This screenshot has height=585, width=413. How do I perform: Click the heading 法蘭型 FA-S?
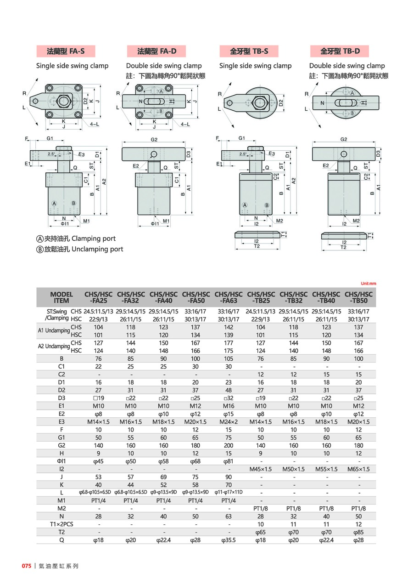coord(66,51)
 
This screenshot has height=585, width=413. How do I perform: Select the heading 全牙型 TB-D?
coord(339,51)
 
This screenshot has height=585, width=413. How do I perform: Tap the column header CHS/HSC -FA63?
coord(228,297)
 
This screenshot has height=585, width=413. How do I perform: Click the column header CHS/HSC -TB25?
coord(261,297)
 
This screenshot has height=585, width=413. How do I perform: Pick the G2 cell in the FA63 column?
coord(228,445)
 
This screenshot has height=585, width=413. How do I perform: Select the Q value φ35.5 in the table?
coord(228,540)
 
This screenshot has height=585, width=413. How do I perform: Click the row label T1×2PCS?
coord(61,524)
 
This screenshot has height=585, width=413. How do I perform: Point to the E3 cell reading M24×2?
coord(228,421)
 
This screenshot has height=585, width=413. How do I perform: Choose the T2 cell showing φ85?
coord(358,532)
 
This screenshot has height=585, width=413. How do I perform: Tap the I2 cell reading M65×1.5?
coord(358,469)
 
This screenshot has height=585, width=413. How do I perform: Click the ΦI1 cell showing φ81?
coord(228,461)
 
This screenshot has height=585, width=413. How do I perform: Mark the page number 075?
coord(26,566)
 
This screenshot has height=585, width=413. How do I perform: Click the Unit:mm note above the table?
coord(368,284)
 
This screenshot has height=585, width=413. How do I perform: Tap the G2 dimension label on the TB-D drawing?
coord(343,139)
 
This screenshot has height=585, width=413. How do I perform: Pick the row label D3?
coord(61,398)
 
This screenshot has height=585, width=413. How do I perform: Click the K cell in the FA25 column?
coord(98,485)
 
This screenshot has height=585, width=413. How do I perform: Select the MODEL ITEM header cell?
coord(61,297)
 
